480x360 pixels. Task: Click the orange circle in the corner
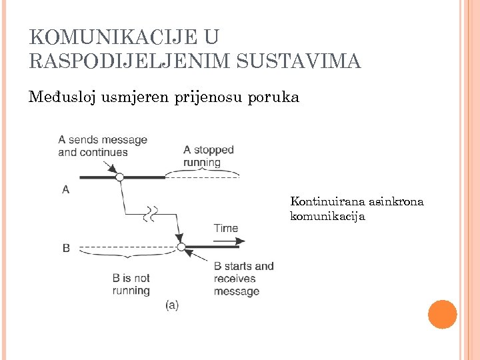tap(442, 314)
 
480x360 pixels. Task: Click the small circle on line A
tap(120, 177)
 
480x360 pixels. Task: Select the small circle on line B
tap(181, 247)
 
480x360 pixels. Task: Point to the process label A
tap(65, 190)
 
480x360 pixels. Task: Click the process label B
tap(66, 248)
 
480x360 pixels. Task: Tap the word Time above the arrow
tap(226, 229)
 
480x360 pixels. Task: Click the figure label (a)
tap(172, 305)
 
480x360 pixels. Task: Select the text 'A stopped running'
tap(209, 155)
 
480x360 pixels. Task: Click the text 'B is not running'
tap(131, 284)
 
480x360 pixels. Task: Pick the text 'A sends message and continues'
tap(103, 146)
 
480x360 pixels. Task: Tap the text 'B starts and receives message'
tap(243, 279)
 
